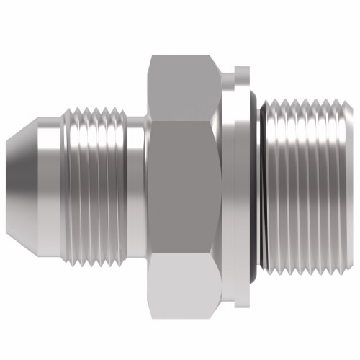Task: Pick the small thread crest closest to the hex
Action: (120, 179)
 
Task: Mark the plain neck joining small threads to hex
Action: (137, 179)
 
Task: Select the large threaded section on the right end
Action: (306, 179)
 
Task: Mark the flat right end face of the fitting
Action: (351, 179)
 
